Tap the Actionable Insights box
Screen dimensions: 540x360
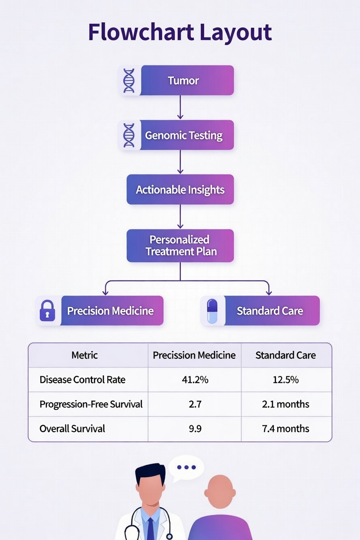[x=180, y=190]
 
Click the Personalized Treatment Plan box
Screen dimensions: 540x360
[x=180, y=246]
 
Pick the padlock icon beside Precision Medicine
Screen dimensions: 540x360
[x=47, y=311]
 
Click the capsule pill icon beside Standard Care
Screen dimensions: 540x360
[x=212, y=311]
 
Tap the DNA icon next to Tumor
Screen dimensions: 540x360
[x=129, y=80]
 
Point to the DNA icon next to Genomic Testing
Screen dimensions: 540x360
[x=129, y=135]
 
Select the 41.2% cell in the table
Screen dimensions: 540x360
[x=195, y=380]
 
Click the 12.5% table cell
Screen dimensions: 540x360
[x=286, y=380]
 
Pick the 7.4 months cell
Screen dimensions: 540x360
[x=286, y=429]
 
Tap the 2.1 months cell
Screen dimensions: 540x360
[x=286, y=404]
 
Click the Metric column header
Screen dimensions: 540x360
[x=84, y=355]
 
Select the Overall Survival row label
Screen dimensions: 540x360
[x=72, y=429]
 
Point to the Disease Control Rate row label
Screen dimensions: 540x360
[x=82, y=380]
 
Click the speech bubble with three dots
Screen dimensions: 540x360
[x=186, y=467]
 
